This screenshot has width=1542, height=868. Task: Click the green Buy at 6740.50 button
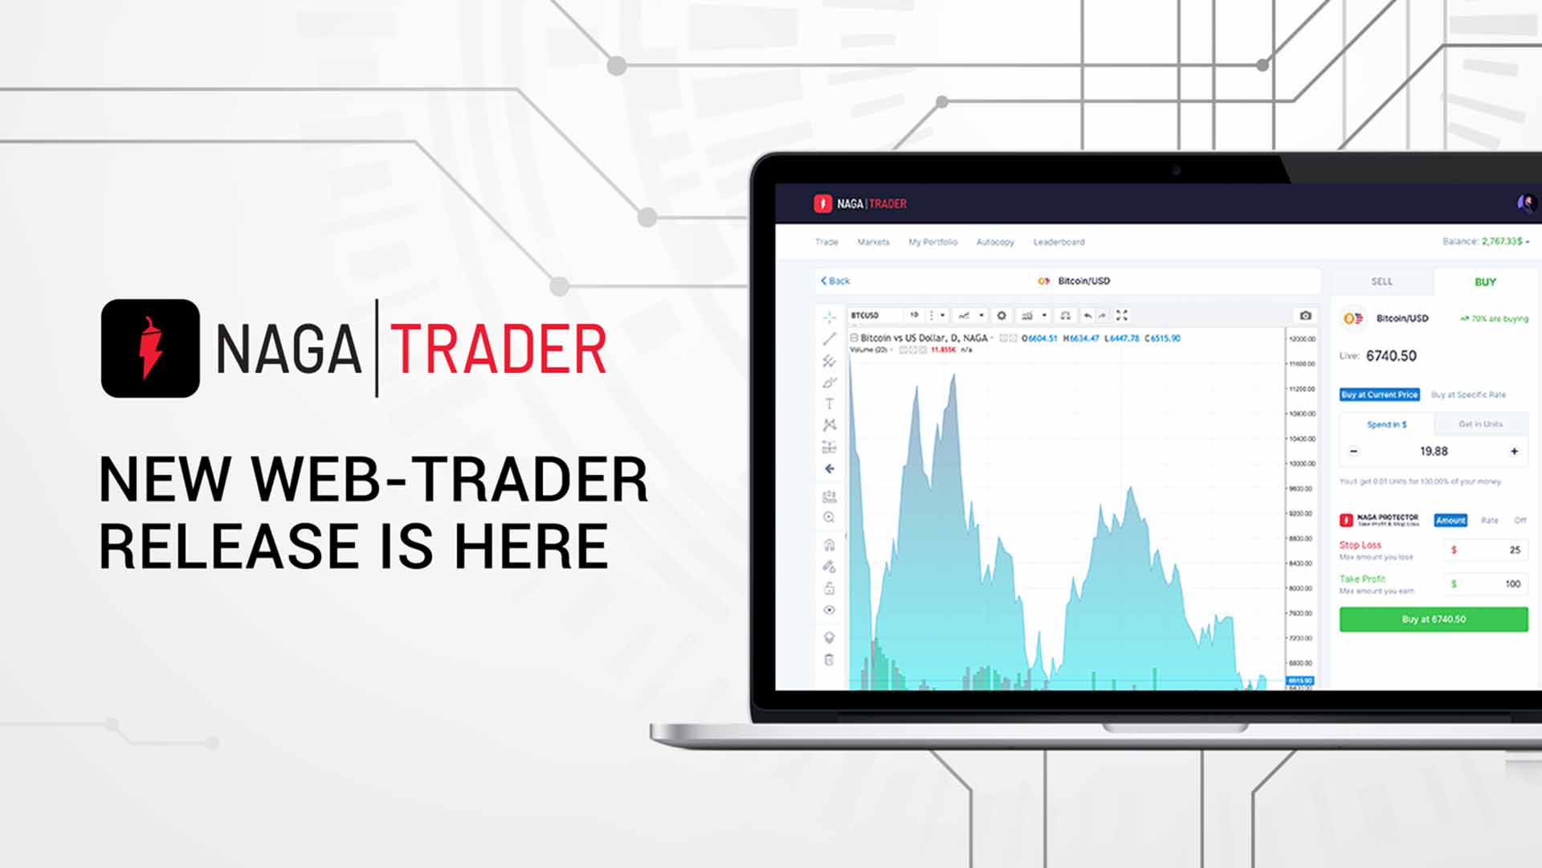1434,619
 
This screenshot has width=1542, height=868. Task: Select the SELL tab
1381,281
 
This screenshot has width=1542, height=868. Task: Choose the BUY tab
1485,282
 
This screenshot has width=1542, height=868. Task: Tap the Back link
835,280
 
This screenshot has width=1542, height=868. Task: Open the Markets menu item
873,242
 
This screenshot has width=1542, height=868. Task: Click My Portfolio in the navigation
932,242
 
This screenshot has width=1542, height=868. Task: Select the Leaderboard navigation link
1059,242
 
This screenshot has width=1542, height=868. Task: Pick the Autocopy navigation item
995,242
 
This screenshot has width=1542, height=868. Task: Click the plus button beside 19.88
1514,452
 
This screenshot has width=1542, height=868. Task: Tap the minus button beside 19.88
1353,452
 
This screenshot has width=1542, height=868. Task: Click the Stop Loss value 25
1514,550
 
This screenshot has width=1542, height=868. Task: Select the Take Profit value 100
1512,583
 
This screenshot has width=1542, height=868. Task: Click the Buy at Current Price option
1379,395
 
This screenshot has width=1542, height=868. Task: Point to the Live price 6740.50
1391,356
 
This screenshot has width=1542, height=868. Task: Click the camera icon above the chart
1305,315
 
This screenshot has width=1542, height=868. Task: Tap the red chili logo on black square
150,348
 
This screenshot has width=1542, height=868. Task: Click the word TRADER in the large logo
498,349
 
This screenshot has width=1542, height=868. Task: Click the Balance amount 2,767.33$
1501,241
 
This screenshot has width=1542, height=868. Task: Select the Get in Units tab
1480,424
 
